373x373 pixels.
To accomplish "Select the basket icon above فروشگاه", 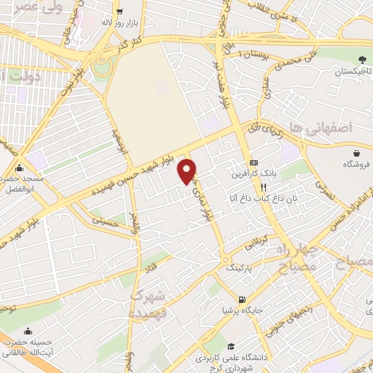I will coord(357,153).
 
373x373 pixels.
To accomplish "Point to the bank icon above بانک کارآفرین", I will coord(253,162).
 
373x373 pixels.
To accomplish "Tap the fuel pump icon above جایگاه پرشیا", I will coord(241,299).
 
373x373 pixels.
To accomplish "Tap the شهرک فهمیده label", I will coord(150,304).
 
